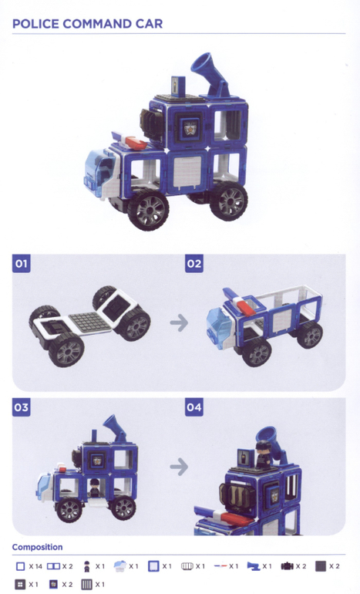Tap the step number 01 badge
tap(21, 263)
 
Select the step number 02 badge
tap(194, 263)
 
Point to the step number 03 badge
tap(21, 407)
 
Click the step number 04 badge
tap(194, 407)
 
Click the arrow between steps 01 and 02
tap(179, 322)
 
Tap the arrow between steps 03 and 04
tap(179, 467)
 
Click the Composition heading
tap(37, 547)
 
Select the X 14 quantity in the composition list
tap(35, 566)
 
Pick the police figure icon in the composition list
tap(87, 566)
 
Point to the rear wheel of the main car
tap(229, 201)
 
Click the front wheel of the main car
tap(148, 210)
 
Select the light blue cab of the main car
tap(99, 169)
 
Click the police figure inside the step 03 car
tap(94, 488)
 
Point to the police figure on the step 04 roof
tap(263, 454)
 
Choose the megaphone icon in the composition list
tap(254, 566)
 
